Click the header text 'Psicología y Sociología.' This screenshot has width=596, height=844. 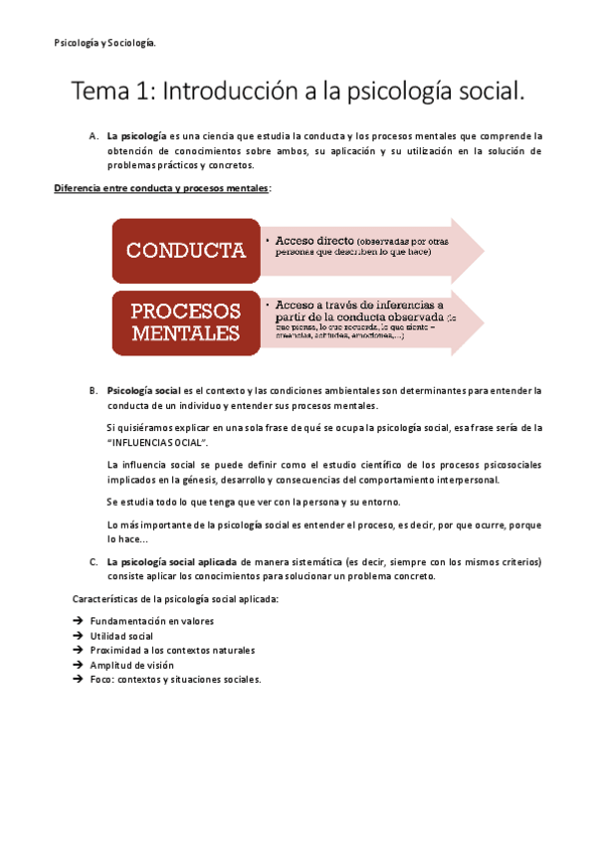click(104, 43)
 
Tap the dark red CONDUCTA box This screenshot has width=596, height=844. click(185, 250)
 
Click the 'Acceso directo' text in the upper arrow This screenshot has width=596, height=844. click(314, 241)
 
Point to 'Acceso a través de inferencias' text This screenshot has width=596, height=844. click(359, 305)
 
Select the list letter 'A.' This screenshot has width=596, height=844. click(93, 135)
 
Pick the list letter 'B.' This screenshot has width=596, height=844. click(93, 390)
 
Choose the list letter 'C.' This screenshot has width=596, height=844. click(93, 561)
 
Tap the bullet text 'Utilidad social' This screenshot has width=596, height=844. click(121, 636)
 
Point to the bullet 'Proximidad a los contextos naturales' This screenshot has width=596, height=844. click(171, 650)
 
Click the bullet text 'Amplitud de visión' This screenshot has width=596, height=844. click(131, 665)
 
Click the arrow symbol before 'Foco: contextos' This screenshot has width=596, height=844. click(79, 679)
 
